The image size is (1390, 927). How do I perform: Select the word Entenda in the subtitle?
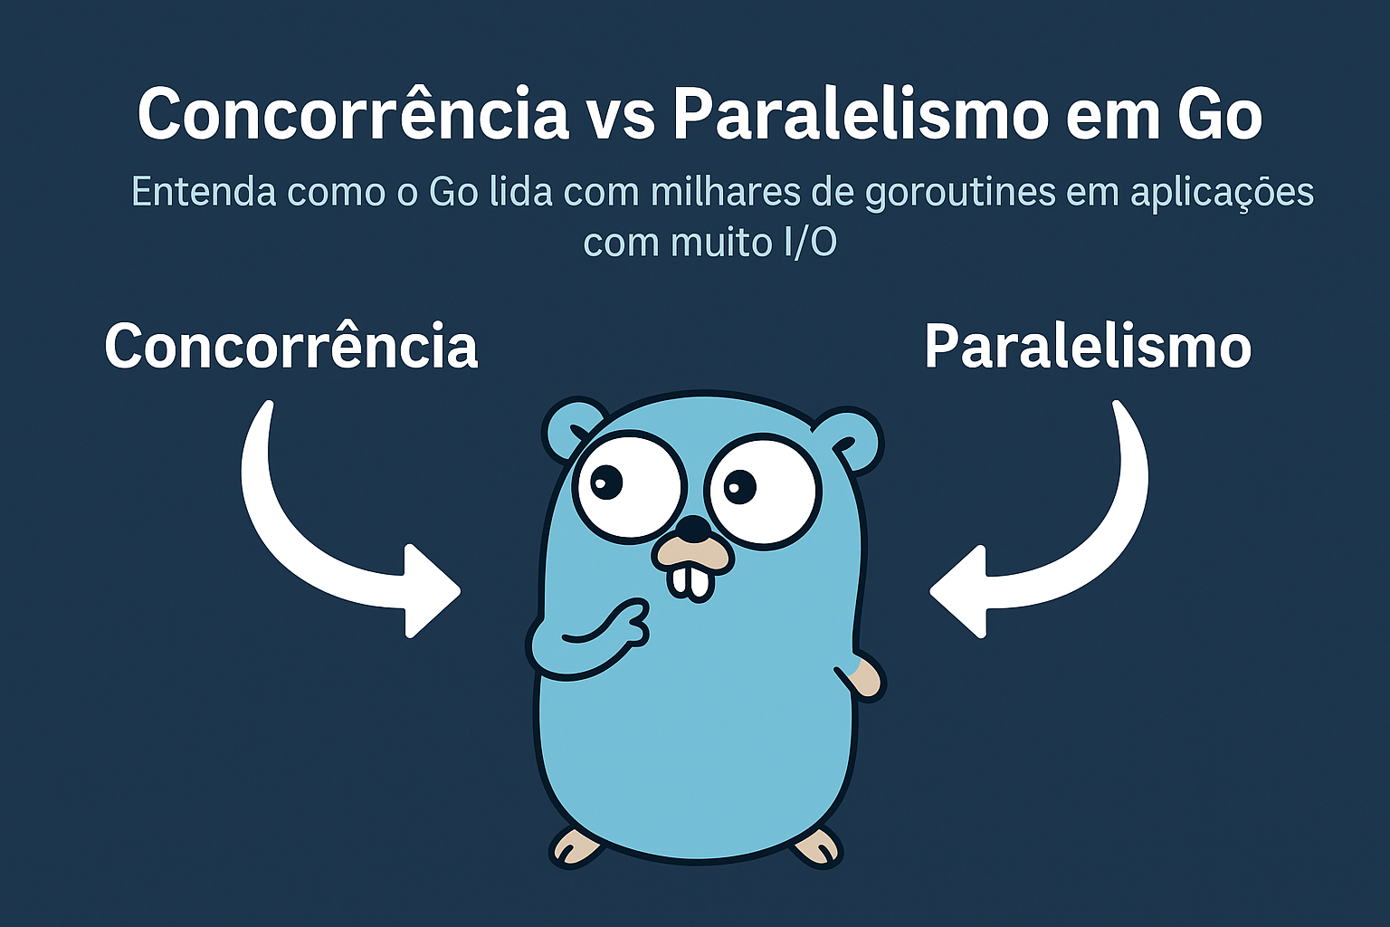tap(204, 192)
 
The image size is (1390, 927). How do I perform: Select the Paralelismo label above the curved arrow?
tap(1088, 346)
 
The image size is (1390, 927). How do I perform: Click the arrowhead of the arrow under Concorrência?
tap(433, 591)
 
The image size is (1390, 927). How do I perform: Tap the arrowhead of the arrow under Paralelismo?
tap(957, 591)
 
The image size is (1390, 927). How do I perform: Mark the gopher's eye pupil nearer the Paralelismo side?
tap(739, 485)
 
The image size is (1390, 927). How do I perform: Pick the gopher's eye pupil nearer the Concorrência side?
tap(605, 483)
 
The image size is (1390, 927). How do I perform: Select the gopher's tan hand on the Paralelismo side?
tap(866, 679)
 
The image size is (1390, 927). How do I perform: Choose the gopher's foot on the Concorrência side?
tap(576, 847)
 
